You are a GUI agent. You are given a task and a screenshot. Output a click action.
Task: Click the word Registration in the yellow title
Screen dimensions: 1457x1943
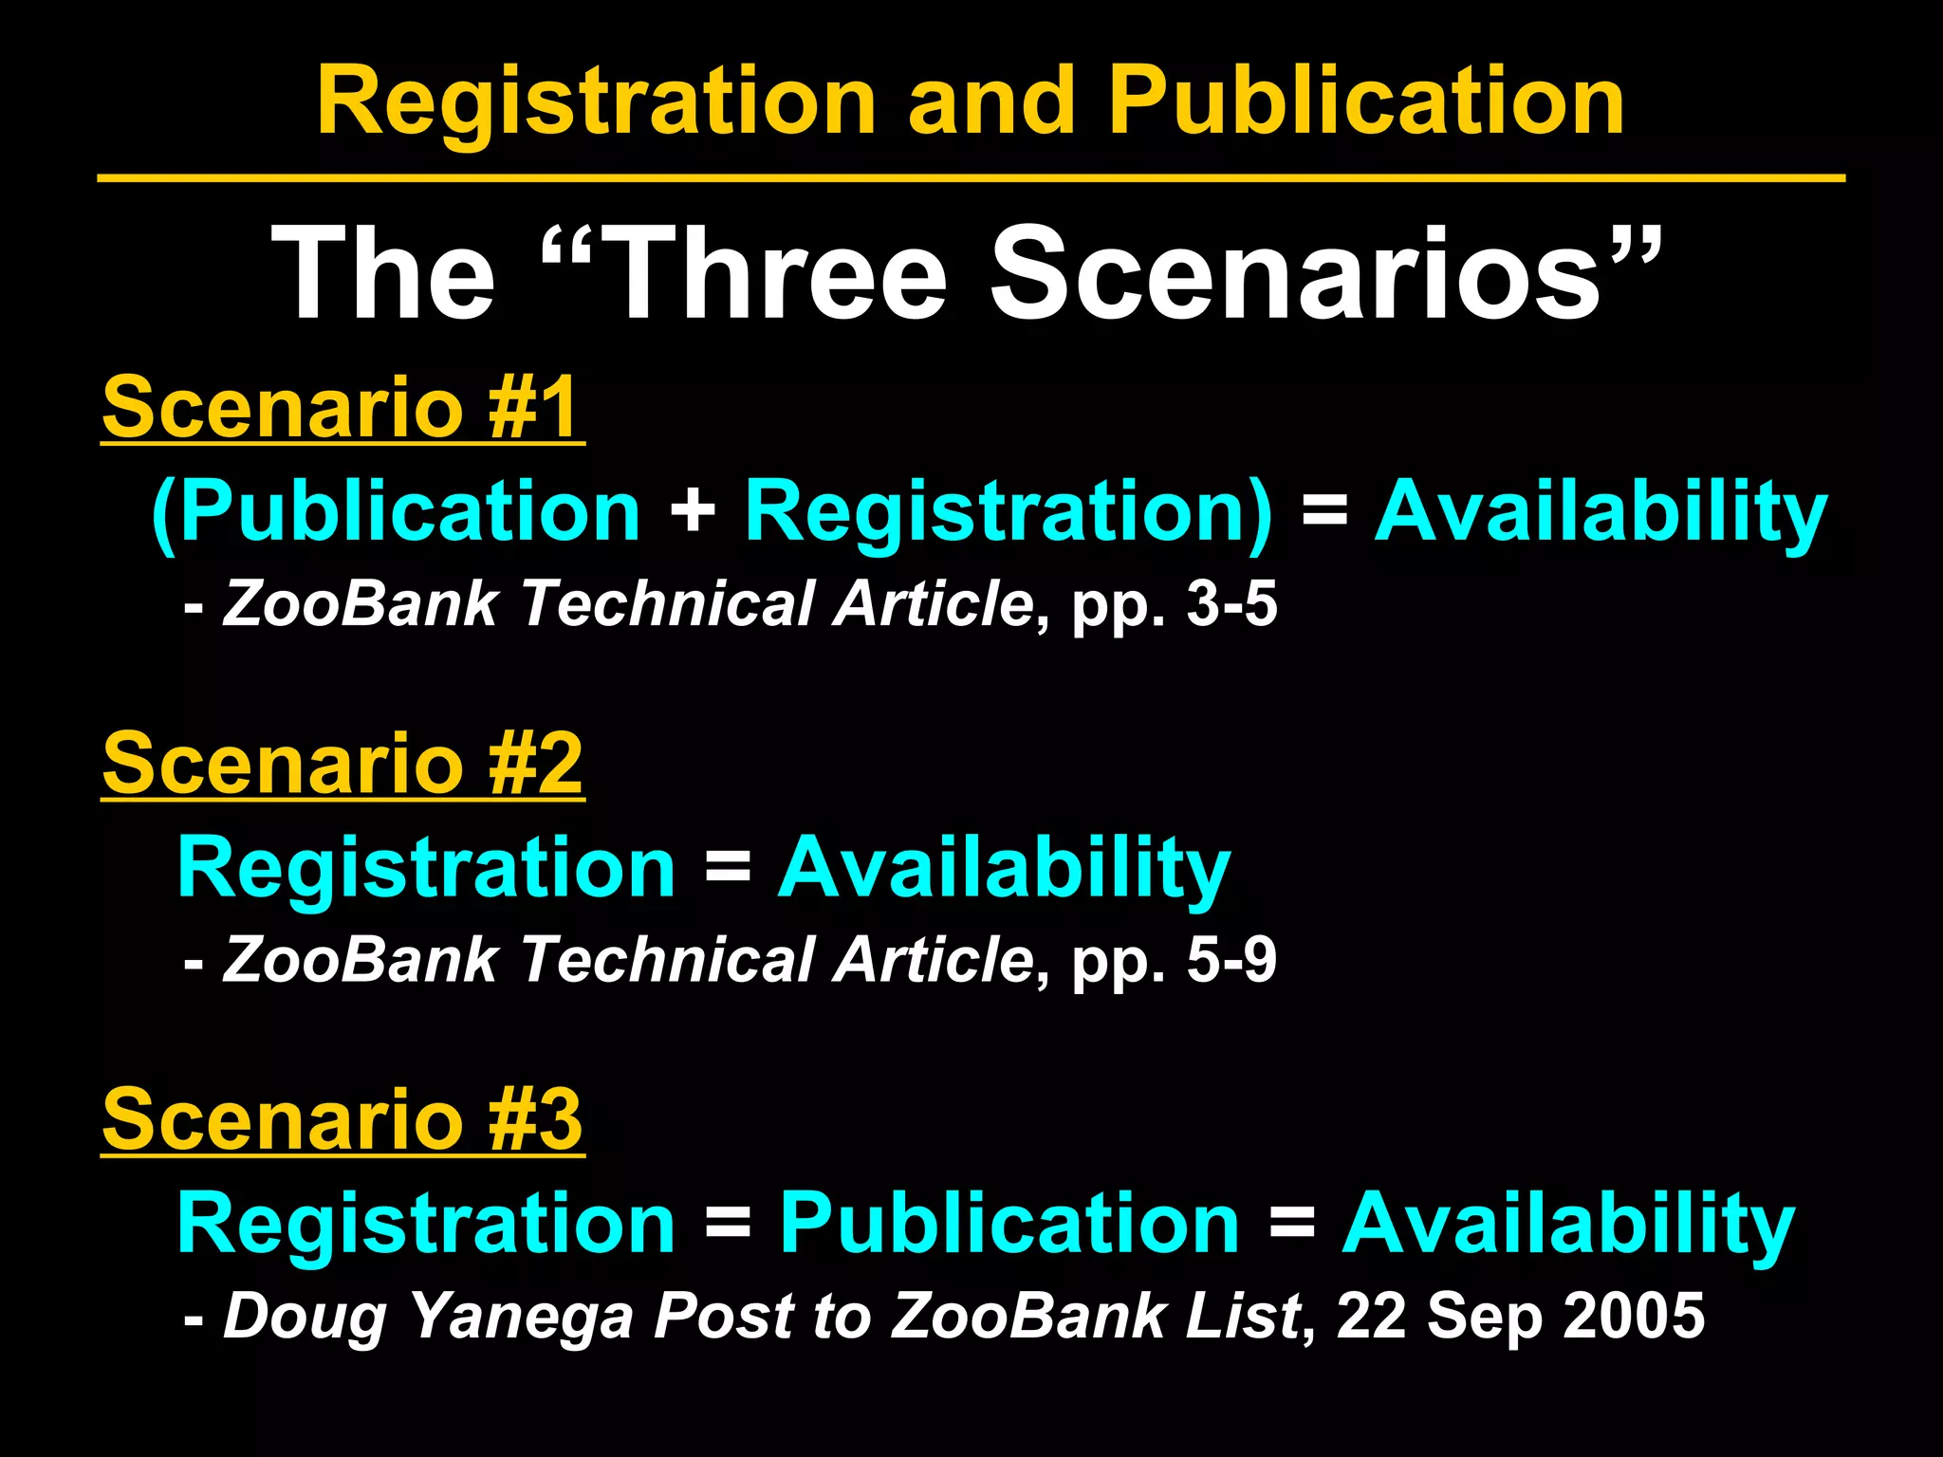click(596, 102)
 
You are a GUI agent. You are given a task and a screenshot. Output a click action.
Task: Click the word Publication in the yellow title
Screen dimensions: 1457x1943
click(1366, 102)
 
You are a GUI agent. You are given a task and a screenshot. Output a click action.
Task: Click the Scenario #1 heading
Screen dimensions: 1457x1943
click(342, 407)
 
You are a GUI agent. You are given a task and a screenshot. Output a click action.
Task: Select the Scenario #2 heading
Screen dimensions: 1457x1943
click(342, 764)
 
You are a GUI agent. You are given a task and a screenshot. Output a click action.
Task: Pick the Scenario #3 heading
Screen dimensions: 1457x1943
click(342, 1119)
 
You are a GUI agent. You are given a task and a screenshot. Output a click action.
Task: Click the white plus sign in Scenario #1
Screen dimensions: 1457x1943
click(693, 512)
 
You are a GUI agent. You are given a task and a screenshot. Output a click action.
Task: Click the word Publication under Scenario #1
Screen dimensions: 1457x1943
click(408, 512)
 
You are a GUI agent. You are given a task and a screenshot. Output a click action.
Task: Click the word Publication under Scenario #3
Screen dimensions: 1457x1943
click(1009, 1224)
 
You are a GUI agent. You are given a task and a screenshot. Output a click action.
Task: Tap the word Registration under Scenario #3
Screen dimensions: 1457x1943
click(426, 1224)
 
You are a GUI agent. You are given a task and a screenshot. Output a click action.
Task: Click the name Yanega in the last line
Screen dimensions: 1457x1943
click(520, 1317)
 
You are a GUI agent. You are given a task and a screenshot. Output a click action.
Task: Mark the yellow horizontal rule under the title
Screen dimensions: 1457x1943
click(971, 177)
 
